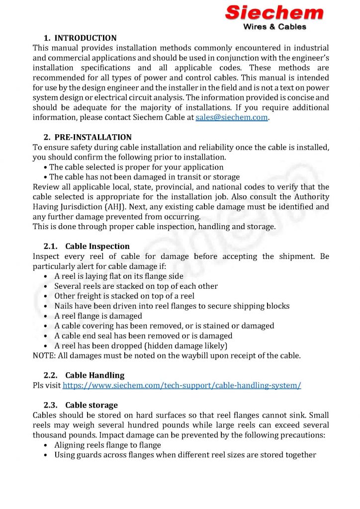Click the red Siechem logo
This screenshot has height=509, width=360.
pyautogui.click(x=274, y=12)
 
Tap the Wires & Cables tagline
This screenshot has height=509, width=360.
pyautogui.click(x=274, y=27)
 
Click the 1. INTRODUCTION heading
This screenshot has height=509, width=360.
pyautogui.click(x=80, y=38)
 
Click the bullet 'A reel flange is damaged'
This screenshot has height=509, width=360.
pyautogui.click(x=98, y=316)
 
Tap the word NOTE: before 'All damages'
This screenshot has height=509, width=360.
pyautogui.click(x=43, y=356)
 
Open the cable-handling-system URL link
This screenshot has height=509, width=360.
pyautogui.click(x=181, y=386)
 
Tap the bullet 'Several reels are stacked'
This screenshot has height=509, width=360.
pyautogui.click(x=136, y=286)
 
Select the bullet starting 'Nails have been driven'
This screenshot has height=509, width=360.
pyautogui.click(x=172, y=306)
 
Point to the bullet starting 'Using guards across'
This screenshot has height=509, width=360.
pyautogui.click(x=185, y=455)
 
